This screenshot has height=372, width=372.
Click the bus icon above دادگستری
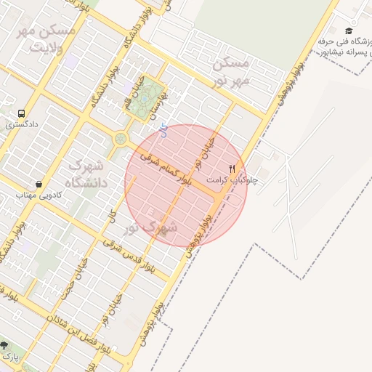[x=21, y=113]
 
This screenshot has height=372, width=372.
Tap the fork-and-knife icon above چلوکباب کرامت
[x=232, y=168]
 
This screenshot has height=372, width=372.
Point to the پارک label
[x=9, y=357]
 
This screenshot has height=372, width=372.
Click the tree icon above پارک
[x=4, y=346]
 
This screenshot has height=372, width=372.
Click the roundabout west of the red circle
[x=120, y=139]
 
